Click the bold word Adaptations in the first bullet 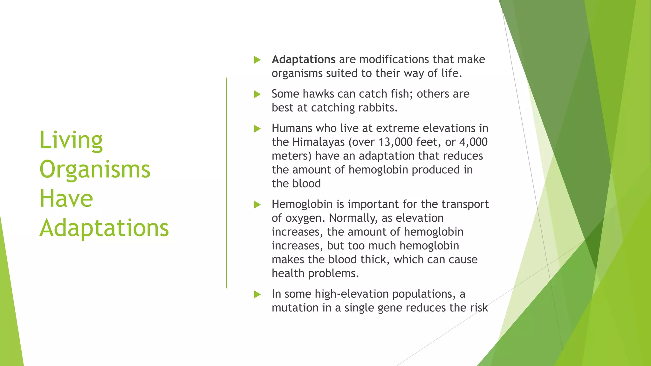303,59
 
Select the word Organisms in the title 95,169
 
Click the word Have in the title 66,199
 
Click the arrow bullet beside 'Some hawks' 257,94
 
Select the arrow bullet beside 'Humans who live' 257,129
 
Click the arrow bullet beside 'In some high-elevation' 257,295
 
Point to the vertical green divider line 226,183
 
